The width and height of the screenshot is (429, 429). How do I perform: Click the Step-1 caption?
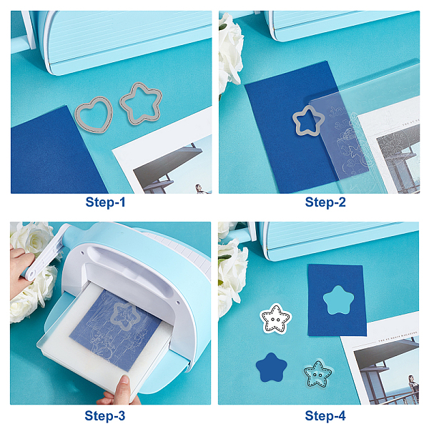click(x=105, y=202)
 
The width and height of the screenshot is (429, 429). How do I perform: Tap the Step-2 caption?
click(x=325, y=202)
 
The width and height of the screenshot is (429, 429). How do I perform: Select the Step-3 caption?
click(x=105, y=415)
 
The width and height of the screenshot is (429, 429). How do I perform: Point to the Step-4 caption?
click(x=325, y=415)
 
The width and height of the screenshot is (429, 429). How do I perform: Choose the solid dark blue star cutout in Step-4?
click(x=272, y=368)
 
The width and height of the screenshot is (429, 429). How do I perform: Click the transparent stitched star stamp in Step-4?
click(x=317, y=374)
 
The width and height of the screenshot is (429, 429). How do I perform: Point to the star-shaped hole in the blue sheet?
click(x=338, y=300)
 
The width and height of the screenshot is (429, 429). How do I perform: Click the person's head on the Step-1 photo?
click(x=198, y=187)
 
